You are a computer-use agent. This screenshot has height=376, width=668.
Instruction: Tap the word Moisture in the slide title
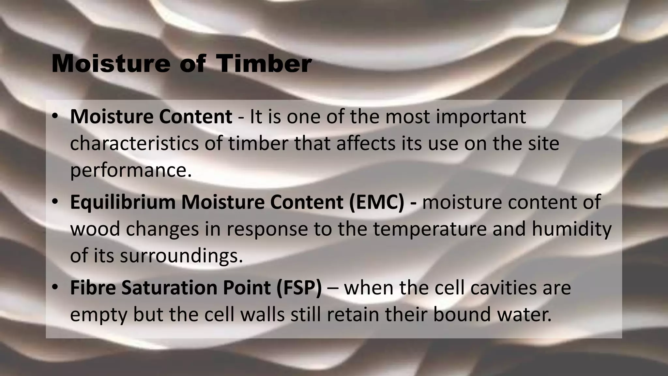(x=111, y=64)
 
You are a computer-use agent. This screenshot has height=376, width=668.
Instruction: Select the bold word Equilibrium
(x=123, y=202)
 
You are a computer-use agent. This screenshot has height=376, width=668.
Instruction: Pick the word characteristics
(x=134, y=143)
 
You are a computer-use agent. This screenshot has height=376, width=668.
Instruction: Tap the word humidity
(x=571, y=229)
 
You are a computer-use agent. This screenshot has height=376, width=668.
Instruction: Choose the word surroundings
(x=181, y=256)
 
